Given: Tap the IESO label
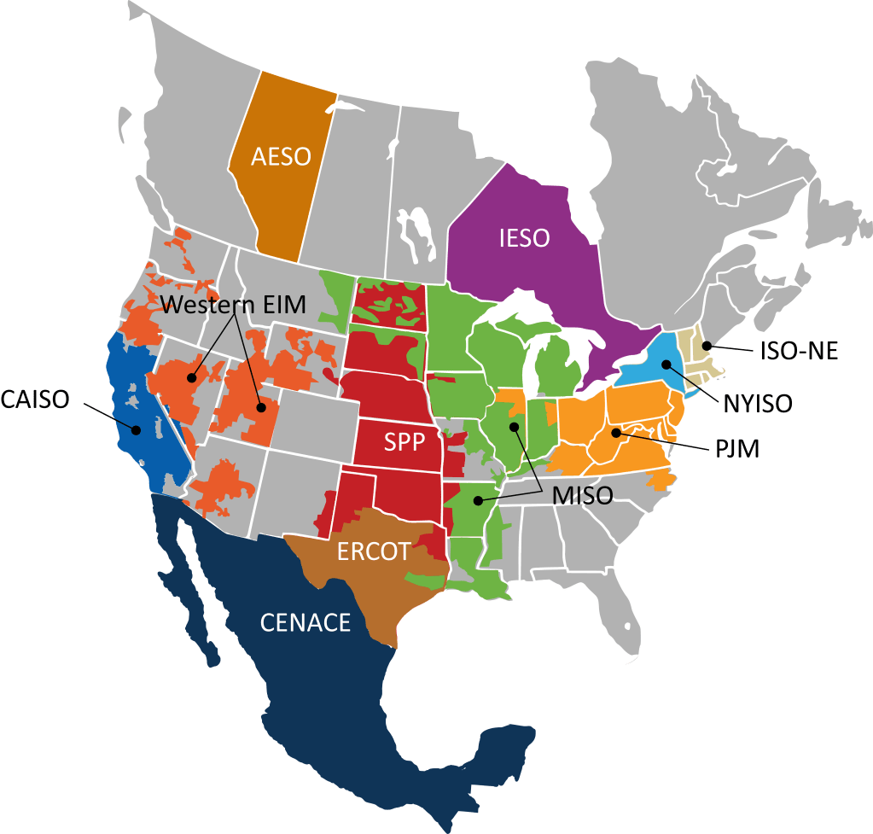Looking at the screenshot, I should click(x=524, y=238).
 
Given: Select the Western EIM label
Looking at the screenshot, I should click(x=233, y=305).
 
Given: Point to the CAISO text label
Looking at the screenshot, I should click(x=36, y=399).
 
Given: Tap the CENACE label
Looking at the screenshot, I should click(x=305, y=622).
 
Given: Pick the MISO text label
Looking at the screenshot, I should click(x=582, y=494).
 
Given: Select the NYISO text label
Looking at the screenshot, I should click(x=758, y=403).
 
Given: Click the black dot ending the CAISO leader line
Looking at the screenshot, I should click(x=135, y=429).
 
